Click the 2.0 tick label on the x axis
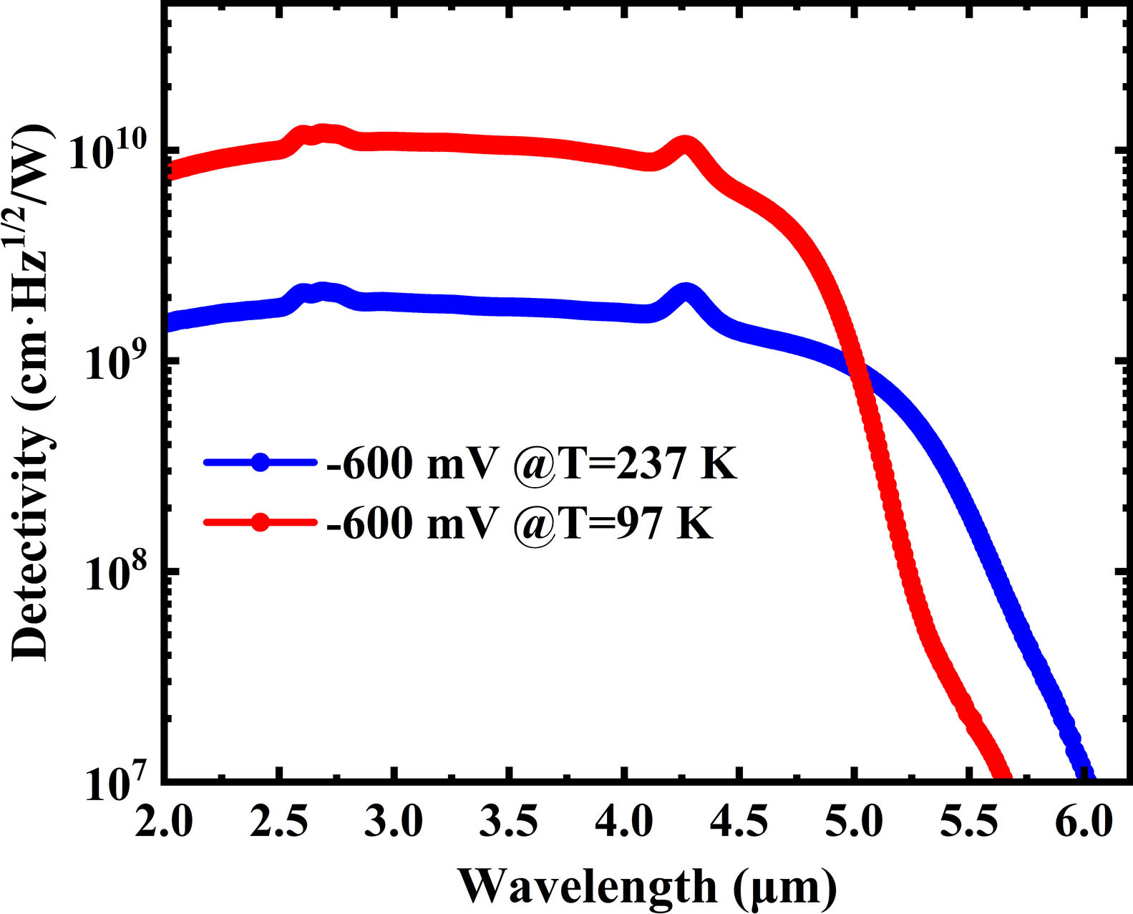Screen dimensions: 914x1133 coord(163,822)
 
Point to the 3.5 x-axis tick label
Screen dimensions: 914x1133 coord(508,822)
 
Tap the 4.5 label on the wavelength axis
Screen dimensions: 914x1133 coord(738,822)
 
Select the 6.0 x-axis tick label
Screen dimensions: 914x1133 coord(1084,822)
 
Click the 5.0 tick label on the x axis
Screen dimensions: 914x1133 coord(853,822)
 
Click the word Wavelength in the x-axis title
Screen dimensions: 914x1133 coord(587,887)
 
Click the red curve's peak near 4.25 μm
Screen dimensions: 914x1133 coord(685,145)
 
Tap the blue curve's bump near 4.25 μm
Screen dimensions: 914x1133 coord(686,293)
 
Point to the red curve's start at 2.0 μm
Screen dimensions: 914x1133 coord(169,170)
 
